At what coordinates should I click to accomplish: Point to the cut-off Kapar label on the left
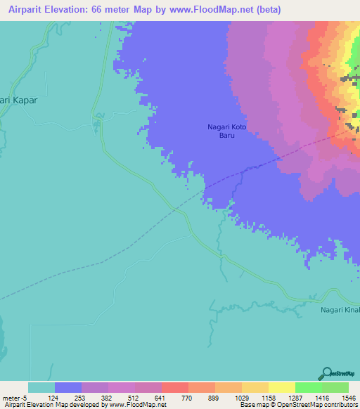(x=18, y=100)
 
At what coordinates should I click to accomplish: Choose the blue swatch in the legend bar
(x=68, y=387)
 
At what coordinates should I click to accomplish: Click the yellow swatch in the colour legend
(x=281, y=387)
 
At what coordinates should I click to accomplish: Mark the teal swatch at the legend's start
(x=41, y=387)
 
